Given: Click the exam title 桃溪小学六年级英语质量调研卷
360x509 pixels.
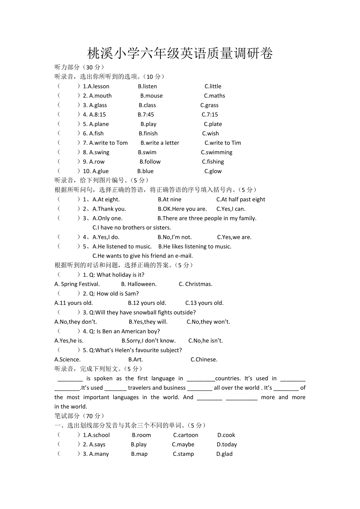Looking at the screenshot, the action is pyautogui.click(x=180, y=54).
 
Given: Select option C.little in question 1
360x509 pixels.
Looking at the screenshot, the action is pyautogui.click(x=213, y=86).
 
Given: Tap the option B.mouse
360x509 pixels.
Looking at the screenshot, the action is pyautogui.click(x=151, y=96).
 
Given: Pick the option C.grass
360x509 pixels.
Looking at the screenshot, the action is pyautogui.click(x=209, y=105).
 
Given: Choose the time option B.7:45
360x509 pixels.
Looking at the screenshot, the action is pyautogui.click(x=146, y=115).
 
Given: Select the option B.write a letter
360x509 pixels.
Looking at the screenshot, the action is pyautogui.click(x=160, y=143).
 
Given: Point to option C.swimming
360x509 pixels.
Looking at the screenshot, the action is pyautogui.click(x=216, y=152).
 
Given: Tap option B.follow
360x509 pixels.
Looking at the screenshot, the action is pyautogui.click(x=150, y=162).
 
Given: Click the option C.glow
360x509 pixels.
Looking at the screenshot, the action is pyautogui.click(x=213, y=171).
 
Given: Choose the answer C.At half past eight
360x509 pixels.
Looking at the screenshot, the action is pyautogui.click(x=241, y=199).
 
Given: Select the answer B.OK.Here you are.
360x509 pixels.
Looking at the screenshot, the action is pyautogui.click(x=182, y=209).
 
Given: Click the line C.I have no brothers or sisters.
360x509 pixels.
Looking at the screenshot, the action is pyautogui.click(x=131, y=228).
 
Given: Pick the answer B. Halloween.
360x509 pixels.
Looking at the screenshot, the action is pyautogui.click(x=139, y=284).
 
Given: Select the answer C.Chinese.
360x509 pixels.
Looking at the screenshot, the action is pyautogui.click(x=204, y=360).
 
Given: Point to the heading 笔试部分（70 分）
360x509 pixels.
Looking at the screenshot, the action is pyautogui.click(x=79, y=416).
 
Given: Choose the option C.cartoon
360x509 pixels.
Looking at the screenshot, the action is pyautogui.click(x=185, y=435).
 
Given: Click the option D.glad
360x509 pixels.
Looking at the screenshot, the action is pyautogui.click(x=224, y=454).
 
